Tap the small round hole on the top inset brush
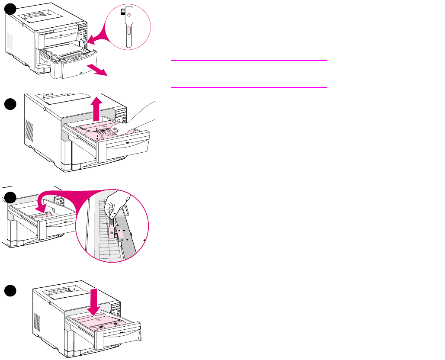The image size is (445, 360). [128, 15]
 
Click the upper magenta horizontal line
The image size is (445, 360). [249, 61]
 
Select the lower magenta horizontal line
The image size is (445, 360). [249, 87]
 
